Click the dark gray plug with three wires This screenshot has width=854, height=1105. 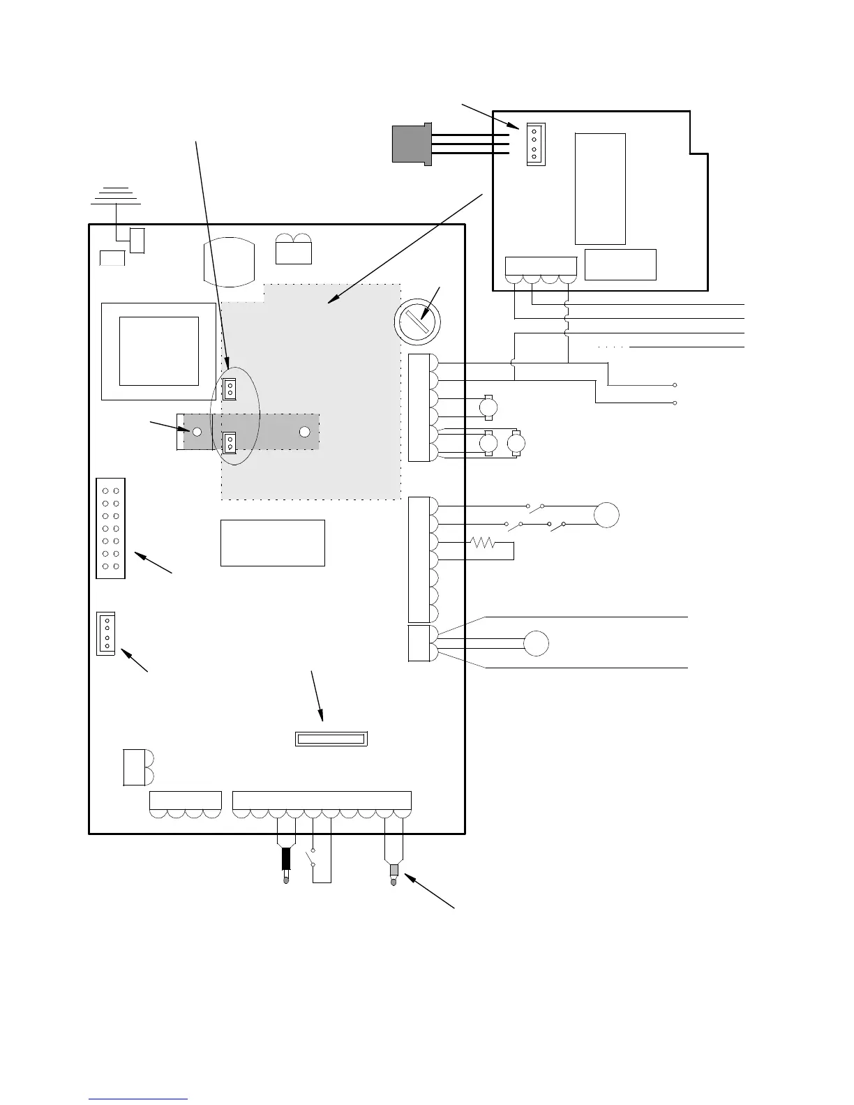(x=412, y=144)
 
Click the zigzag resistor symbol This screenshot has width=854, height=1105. (x=483, y=542)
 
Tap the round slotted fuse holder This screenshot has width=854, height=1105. (x=417, y=322)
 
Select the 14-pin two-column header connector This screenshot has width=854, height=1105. (x=110, y=528)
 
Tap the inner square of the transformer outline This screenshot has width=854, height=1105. (x=158, y=350)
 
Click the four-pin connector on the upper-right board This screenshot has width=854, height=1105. (x=535, y=144)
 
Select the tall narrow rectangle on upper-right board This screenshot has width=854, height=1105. (x=600, y=188)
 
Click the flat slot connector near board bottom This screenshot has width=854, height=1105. (x=331, y=739)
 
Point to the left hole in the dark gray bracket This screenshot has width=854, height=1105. (x=197, y=432)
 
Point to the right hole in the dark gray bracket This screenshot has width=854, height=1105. (x=304, y=431)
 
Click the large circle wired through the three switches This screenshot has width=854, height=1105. (x=606, y=515)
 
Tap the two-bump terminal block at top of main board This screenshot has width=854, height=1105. (x=294, y=250)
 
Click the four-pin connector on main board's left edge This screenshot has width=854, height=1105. (x=106, y=633)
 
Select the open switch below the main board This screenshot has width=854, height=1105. (x=312, y=857)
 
